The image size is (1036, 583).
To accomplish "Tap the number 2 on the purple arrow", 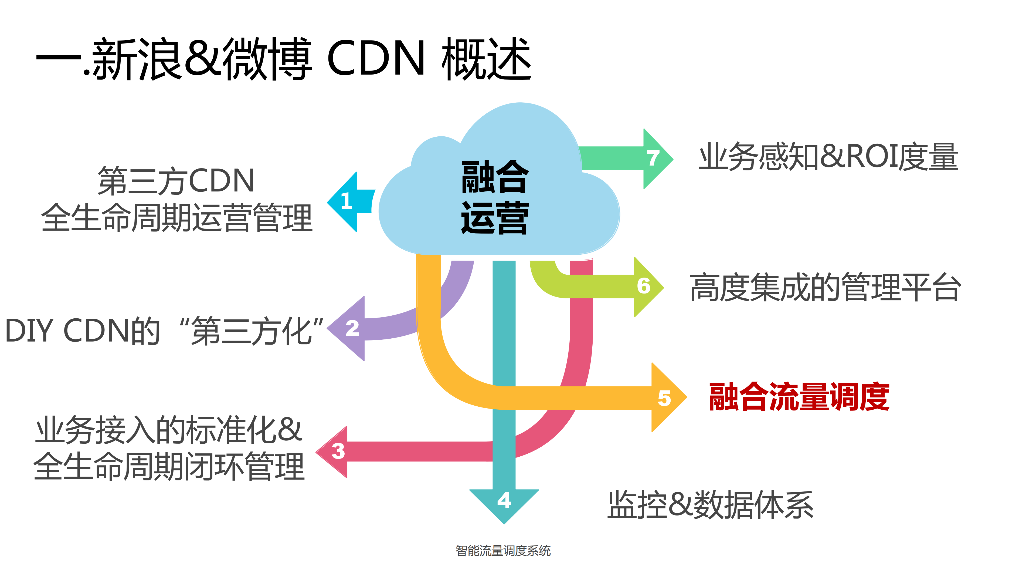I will (352, 328).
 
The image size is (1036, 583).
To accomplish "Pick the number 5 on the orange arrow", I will (664, 398).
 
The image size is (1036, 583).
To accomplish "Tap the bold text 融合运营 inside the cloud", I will (495, 197).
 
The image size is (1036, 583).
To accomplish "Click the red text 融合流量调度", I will (799, 397).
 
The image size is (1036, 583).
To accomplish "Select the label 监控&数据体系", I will (710, 505).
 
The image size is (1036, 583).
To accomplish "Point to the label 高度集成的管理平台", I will (825, 287).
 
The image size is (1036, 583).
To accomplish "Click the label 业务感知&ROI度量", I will (828, 157).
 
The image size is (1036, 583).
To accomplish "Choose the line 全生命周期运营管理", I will (177, 218).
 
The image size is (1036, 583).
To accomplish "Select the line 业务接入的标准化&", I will (169, 430).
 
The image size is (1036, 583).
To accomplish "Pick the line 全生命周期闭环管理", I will (169, 466).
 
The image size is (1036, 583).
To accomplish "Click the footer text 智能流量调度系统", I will (503, 550).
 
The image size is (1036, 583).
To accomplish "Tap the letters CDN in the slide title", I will (376, 58).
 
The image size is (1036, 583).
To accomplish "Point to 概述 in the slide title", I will (487, 58).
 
